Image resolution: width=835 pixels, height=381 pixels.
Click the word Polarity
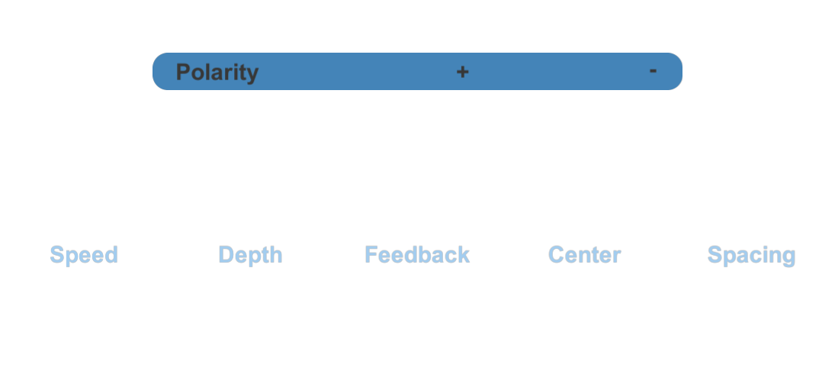(x=217, y=73)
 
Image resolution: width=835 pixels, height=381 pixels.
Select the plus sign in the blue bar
(x=462, y=72)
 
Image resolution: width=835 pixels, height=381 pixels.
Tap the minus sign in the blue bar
(x=653, y=70)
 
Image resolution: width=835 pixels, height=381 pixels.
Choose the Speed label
(x=84, y=255)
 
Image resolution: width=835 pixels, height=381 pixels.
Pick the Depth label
(x=250, y=255)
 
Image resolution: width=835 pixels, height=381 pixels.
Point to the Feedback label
(x=417, y=255)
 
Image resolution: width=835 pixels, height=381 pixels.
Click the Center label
(x=584, y=255)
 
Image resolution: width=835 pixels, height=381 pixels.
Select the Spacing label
(x=751, y=255)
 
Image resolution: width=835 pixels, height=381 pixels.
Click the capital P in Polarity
(x=183, y=72)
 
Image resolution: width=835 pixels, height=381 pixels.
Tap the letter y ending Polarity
(x=253, y=76)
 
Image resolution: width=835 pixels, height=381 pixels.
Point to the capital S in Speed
(x=57, y=255)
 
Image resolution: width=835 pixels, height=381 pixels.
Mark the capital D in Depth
(x=226, y=255)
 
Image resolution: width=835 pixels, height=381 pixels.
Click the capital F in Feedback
(x=371, y=255)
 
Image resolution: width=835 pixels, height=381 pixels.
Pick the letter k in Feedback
(x=464, y=255)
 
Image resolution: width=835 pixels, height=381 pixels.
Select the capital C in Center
(x=557, y=255)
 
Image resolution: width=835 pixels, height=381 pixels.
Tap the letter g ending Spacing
(x=789, y=258)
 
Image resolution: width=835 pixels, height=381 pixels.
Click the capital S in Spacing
(x=715, y=255)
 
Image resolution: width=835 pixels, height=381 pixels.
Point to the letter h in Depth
(x=276, y=255)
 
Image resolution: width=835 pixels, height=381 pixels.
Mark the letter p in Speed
(x=72, y=258)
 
